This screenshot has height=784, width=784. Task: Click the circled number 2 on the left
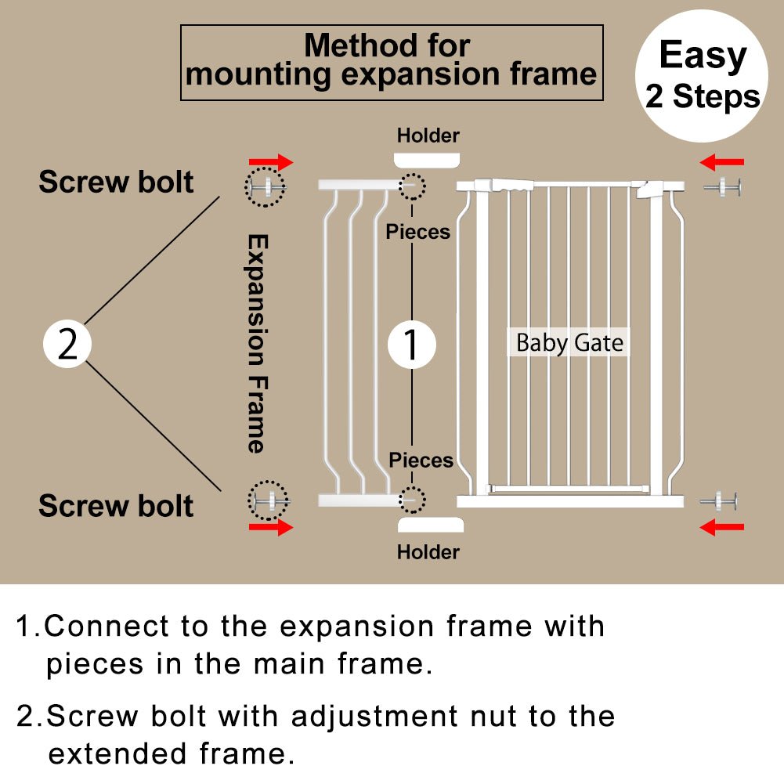[x=67, y=345]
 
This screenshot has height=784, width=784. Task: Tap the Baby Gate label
[x=569, y=343]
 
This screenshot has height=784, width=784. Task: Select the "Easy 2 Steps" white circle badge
[x=702, y=76]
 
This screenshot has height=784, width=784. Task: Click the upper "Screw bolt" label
[x=116, y=182]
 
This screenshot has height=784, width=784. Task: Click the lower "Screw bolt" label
[x=116, y=506]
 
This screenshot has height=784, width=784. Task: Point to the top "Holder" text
[x=428, y=135]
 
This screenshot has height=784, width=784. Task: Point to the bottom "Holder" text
[x=428, y=552]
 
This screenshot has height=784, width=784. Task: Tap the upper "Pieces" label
[x=418, y=232]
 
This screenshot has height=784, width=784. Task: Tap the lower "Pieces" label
[x=421, y=461]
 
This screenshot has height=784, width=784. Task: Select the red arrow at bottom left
[x=271, y=527]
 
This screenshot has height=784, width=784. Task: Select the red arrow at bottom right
[x=721, y=527]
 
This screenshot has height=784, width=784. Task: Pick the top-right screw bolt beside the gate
[x=722, y=187]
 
